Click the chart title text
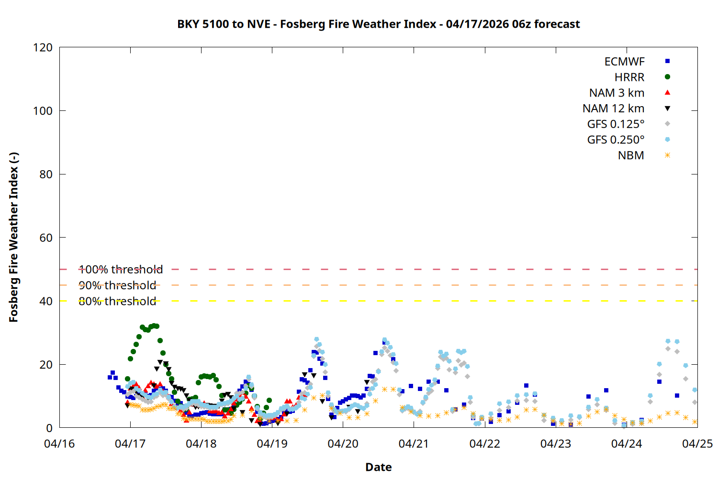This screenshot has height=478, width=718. click(x=378, y=24)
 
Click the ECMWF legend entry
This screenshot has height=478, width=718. click(x=624, y=62)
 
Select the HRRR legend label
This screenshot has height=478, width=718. click(x=629, y=77)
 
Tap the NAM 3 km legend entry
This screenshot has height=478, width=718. click(x=617, y=93)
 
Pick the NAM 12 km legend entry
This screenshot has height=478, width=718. click(x=613, y=109)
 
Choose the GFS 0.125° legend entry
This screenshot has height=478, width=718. click(x=616, y=124)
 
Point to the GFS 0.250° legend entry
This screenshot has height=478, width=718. click(x=616, y=140)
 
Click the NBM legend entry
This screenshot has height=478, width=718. click(x=631, y=155)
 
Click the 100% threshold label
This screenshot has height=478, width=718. click(x=121, y=270)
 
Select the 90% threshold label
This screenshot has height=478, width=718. click(x=117, y=285)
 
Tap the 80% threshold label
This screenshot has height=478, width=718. click(x=117, y=301)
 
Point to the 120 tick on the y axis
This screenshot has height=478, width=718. click(x=43, y=47)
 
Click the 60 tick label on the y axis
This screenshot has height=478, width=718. click(x=46, y=238)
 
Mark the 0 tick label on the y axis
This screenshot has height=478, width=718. click(x=49, y=428)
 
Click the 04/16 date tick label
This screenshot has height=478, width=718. click(x=59, y=444)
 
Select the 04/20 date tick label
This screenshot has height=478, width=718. click(x=343, y=444)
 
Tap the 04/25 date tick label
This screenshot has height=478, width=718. click(x=697, y=444)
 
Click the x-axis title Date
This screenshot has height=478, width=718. click(x=378, y=467)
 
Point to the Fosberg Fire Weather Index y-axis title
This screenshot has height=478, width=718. click(x=13, y=238)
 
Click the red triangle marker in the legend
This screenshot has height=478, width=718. click(x=667, y=92)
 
